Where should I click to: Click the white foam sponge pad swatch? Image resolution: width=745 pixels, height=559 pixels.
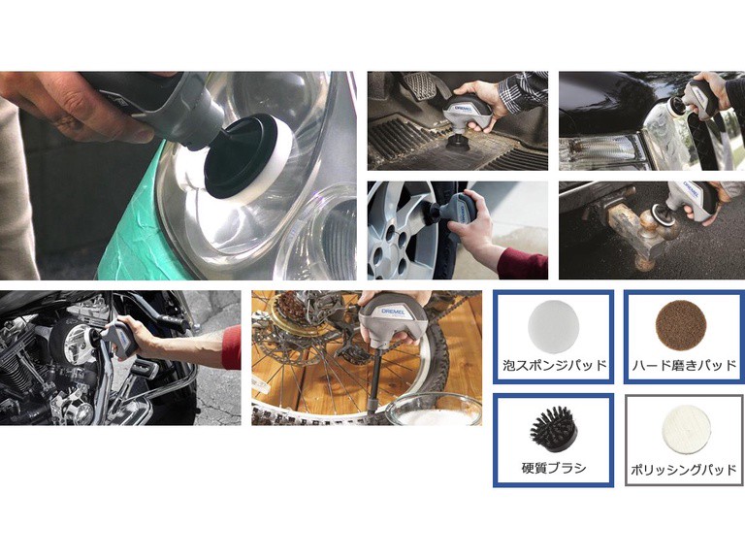click(553, 326)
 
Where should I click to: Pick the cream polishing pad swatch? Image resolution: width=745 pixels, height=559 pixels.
click(687, 430)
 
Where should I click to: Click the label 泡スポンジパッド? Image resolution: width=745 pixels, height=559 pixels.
click(555, 366)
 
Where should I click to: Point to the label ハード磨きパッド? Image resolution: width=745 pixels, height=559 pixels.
click(684, 366)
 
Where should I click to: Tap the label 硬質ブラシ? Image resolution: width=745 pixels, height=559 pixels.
click(554, 468)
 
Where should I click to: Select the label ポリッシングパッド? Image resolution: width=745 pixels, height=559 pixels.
click(684, 470)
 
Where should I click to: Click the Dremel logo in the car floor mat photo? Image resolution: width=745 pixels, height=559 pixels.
click(462, 108)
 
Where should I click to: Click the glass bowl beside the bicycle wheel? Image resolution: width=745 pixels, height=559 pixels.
click(432, 410)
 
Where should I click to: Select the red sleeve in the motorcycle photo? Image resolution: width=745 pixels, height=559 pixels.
click(232, 347)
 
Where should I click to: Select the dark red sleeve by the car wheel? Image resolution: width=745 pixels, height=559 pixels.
click(522, 263)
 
